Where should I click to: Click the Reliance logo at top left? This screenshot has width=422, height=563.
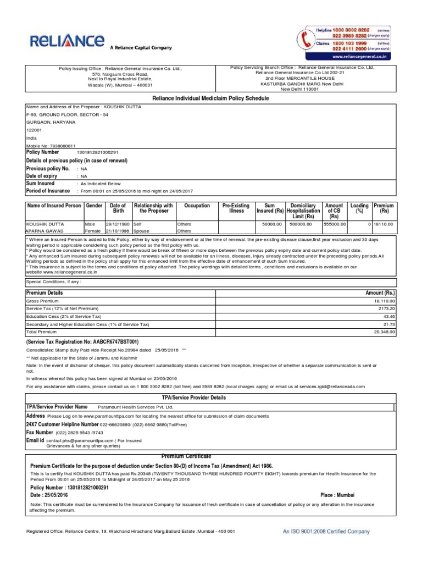tap(66, 41)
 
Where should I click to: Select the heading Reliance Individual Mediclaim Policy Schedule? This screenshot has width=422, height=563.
tap(210, 98)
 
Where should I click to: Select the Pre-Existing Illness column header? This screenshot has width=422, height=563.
tap(236, 208)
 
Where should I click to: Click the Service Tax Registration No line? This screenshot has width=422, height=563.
tap(82, 341)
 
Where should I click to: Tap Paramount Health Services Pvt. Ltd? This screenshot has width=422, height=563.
tap(135, 407)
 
